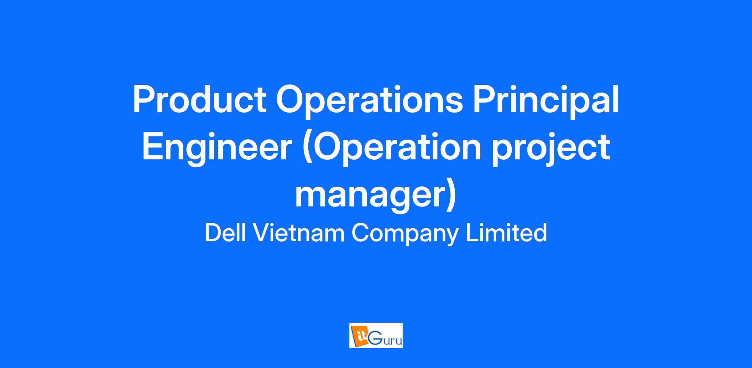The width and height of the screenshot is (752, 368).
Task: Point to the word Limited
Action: click(506, 233)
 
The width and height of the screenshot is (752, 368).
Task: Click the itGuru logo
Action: click(376, 335)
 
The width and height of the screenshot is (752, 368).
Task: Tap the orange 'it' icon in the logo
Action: click(358, 335)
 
